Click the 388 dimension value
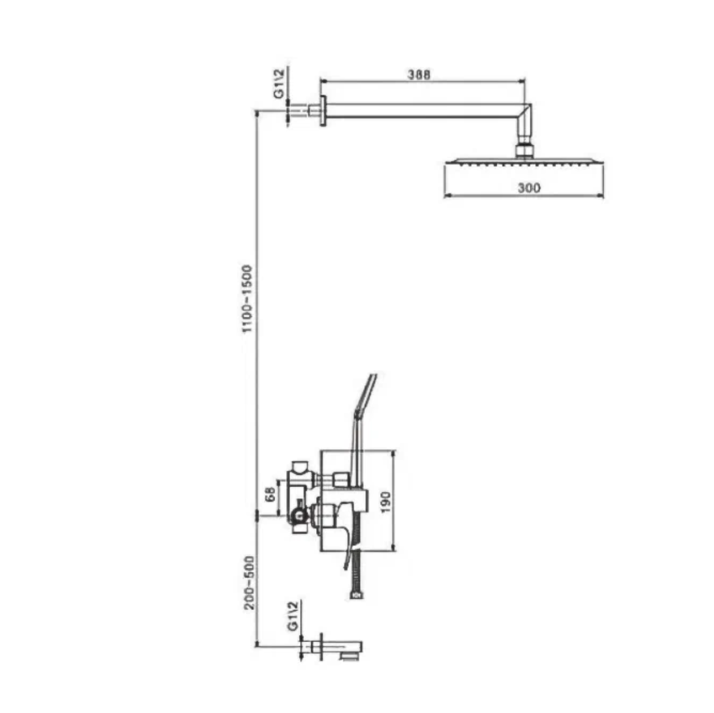(x=419, y=74)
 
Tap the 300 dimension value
(x=529, y=187)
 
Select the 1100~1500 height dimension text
(x=247, y=299)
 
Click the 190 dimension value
(x=386, y=502)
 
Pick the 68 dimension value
(x=270, y=494)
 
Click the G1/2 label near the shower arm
(x=279, y=83)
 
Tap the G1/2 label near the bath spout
(x=294, y=616)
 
